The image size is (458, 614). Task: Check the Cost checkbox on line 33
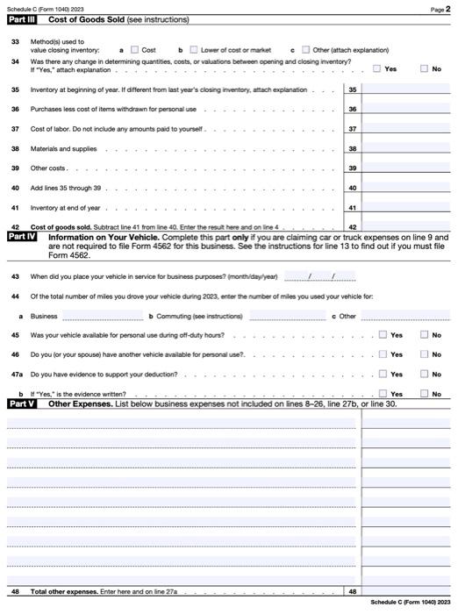[x=135, y=50]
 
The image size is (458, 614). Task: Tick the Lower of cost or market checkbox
[x=194, y=50]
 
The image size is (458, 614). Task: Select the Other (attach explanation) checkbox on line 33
[x=306, y=50]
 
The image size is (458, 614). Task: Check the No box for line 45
[x=425, y=335]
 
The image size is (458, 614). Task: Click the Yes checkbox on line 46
[x=383, y=354]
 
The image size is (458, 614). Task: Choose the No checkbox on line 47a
[x=425, y=375]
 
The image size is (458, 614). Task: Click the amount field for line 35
[x=406, y=89]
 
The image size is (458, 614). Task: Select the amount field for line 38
[x=406, y=149]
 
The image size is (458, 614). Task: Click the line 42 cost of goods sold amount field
[x=406, y=226]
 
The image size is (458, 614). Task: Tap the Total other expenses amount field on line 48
[x=406, y=591]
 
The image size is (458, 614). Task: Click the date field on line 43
[x=319, y=276]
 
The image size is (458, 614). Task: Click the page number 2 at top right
[x=447, y=8]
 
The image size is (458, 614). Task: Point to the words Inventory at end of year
[x=66, y=208]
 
